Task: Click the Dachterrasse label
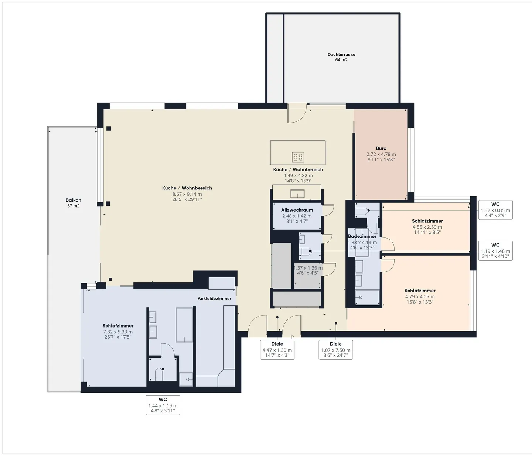point(341,54)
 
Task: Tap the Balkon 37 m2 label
point(73,200)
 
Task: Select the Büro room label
point(381,148)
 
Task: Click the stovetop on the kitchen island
point(298,157)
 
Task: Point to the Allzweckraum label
point(297,210)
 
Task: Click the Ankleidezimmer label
point(214,298)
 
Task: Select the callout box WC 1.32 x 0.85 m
point(495,210)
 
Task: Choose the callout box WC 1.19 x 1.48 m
point(495,251)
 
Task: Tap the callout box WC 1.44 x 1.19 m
point(163,405)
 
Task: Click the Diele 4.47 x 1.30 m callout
point(277,350)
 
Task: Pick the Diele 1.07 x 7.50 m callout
point(335,350)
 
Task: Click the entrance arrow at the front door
point(292,336)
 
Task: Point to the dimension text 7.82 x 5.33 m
point(118,332)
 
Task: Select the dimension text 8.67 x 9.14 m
point(187,194)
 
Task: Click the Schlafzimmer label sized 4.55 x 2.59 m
point(427,221)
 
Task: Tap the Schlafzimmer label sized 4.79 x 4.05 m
point(420,291)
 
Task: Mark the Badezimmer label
point(362,236)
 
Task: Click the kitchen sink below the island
point(297,193)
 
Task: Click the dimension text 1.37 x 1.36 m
point(308,268)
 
